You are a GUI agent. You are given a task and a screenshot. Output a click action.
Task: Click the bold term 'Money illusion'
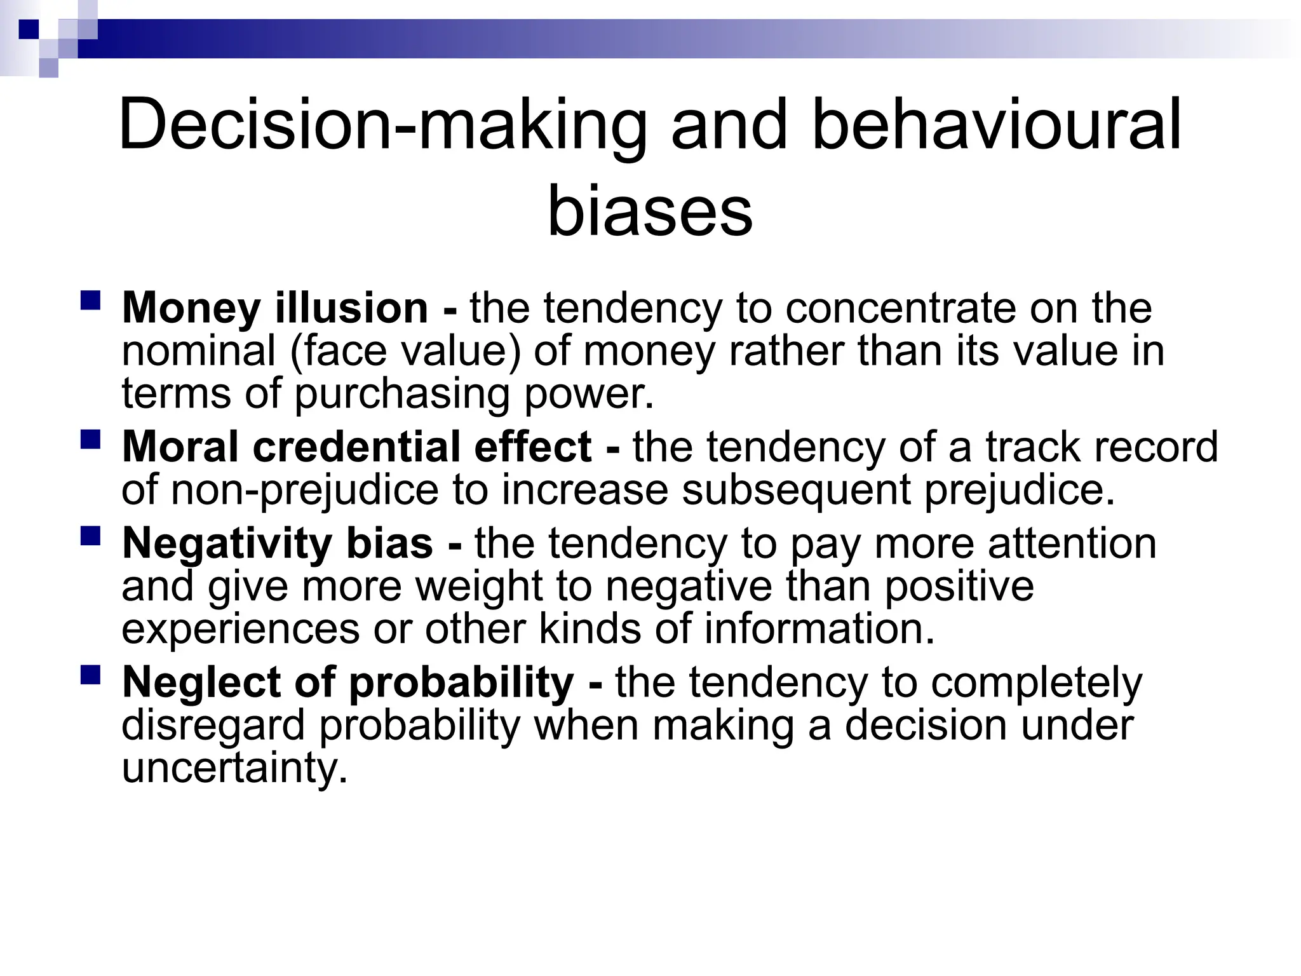[x=275, y=308]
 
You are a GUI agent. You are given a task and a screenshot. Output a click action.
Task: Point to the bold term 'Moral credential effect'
[x=357, y=447]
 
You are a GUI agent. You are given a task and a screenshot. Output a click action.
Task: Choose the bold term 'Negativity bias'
[x=278, y=544]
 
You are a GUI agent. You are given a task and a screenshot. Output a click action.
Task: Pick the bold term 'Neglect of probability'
[x=348, y=682]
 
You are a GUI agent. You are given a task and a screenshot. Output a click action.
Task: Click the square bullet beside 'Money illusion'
[x=91, y=300]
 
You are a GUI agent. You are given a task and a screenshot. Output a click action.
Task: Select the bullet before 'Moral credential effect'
[x=91, y=438]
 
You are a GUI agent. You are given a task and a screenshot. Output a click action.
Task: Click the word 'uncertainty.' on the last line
[x=235, y=769]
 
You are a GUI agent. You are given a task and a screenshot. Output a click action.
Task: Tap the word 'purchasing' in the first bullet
[x=402, y=394]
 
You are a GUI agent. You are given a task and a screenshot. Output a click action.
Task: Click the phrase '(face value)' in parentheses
[x=405, y=351]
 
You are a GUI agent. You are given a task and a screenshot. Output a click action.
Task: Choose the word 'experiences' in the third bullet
[x=241, y=629]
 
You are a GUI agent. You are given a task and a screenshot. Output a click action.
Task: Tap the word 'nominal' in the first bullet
[x=198, y=351]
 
